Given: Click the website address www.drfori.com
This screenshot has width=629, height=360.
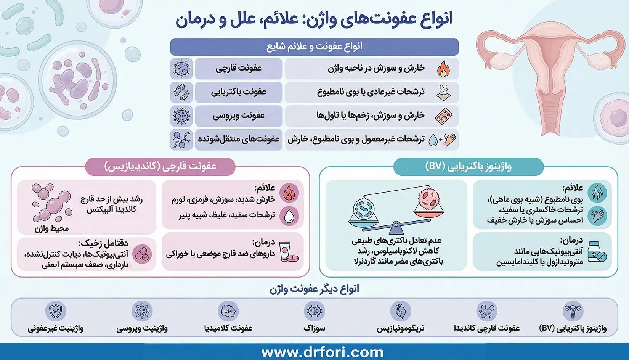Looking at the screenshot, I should click(x=322, y=352).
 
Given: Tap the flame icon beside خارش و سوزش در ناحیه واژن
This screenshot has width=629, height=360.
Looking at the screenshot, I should click(x=443, y=69).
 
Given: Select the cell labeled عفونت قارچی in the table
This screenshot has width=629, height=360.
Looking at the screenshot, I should click(x=239, y=69).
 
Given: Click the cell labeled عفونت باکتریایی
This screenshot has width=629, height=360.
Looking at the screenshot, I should click(x=239, y=92).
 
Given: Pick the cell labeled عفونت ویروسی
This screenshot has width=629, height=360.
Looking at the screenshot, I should click(x=239, y=116).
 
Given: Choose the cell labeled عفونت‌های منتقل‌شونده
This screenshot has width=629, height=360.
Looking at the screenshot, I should click(x=239, y=140).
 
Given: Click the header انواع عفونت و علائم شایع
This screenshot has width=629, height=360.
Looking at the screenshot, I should click(x=314, y=47).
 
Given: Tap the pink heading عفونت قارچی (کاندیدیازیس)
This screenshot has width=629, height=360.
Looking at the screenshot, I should click(x=160, y=167).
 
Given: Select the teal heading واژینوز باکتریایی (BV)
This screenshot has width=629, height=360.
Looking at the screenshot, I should click(x=468, y=167).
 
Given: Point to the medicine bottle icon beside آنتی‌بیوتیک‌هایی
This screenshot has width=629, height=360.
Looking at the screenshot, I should click(x=596, y=252).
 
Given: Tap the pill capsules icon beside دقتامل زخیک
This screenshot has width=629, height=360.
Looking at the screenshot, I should click(x=142, y=254).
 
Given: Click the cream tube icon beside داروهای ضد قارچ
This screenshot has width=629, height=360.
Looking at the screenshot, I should click(x=289, y=252).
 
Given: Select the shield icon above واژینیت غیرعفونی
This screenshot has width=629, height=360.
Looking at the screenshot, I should click(x=56, y=311).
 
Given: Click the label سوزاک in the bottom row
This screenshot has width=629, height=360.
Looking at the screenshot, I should click(x=314, y=328).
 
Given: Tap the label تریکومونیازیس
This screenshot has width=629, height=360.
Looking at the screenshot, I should click(x=400, y=328).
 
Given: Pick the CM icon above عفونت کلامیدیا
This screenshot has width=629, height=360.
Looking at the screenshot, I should click(x=228, y=311).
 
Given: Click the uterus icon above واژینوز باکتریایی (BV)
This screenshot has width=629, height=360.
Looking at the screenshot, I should click(x=573, y=311).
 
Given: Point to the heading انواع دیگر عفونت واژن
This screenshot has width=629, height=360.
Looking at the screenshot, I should click(x=314, y=289).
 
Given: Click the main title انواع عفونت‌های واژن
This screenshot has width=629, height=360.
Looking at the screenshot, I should click(x=314, y=19).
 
